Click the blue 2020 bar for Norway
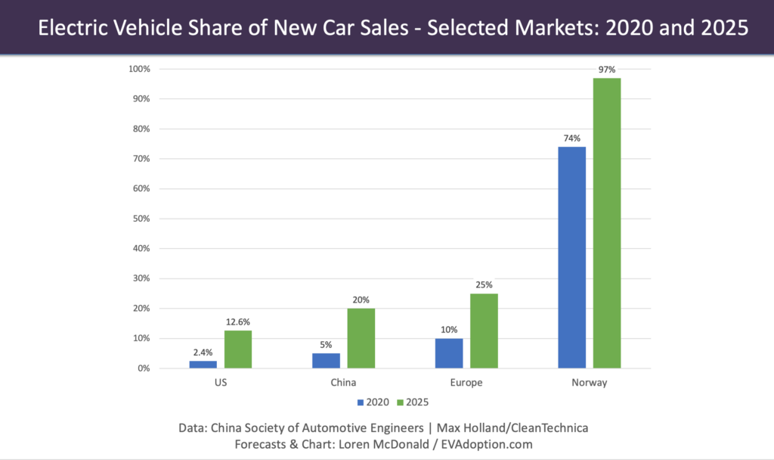click(572, 257)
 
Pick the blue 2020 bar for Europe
click(449, 353)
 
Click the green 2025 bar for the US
click(238, 349)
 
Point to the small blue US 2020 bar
click(202, 364)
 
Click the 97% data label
click(607, 70)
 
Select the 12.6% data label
click(238, 322)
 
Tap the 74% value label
click(572, 138)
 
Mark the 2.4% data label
click(202, 353)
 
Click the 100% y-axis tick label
click(138, 69)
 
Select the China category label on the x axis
click(343, 383)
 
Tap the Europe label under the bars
click(466, 383)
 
